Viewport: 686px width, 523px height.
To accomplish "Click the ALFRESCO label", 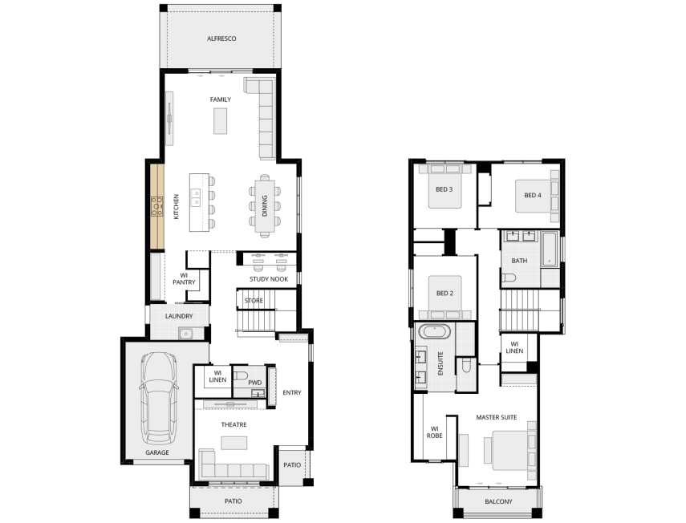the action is tap(221, 39).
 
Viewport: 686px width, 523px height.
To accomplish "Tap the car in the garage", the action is tap(158, 398).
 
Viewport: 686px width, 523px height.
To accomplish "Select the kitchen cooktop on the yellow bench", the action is tap(156, 206).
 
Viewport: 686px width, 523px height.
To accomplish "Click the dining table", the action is tap(265, 205).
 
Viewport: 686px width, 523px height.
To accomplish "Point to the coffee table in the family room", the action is tap(220, 120).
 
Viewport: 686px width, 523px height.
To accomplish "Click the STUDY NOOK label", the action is tap(269, 279).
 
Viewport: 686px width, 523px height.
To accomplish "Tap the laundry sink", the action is tap(186, 334).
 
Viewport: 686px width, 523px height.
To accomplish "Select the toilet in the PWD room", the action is tap(240, 375).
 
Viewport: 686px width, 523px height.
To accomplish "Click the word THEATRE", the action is tap(233, 424).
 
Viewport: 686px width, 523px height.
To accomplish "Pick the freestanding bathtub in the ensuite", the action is tap(434, 331).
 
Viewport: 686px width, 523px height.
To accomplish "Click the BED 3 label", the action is tap(444, 189).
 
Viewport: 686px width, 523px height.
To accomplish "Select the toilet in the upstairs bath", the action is tap(509, 278).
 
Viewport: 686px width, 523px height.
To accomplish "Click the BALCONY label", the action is tap(498, 501).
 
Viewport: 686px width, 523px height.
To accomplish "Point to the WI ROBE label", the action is tap(434, 432).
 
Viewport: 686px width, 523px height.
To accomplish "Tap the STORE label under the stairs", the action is tap(254, 301).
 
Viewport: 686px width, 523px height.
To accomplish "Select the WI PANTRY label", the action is tap(184, 279).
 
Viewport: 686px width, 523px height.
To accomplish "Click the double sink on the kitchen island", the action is tap(195, 197).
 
